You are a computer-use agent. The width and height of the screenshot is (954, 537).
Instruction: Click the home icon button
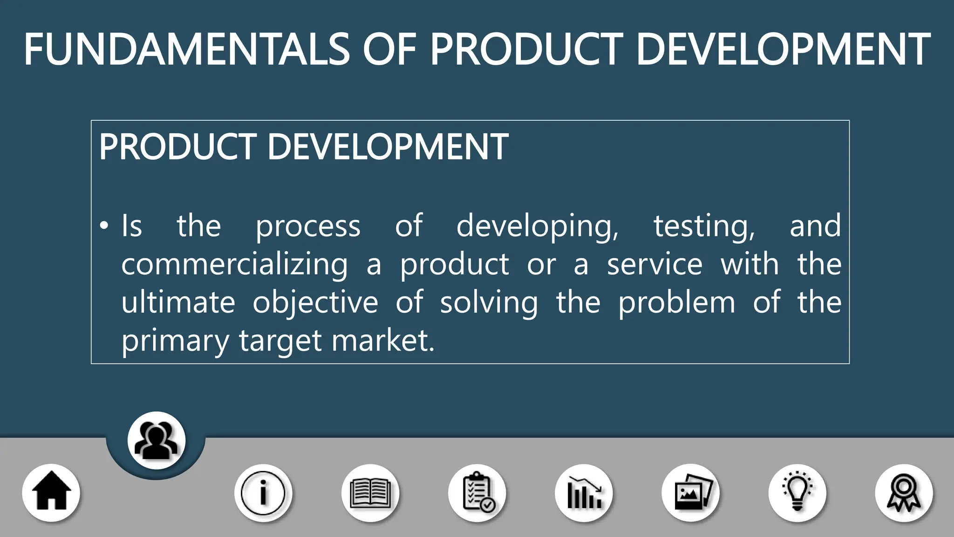pos(51,493)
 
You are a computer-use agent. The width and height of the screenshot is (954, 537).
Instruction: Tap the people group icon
pos(157,440)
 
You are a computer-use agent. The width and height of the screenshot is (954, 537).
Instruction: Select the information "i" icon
pos(263,493)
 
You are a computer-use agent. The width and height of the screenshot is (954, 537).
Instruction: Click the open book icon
pos(370,493)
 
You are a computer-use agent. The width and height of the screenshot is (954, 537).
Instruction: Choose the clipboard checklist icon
pos(477,493)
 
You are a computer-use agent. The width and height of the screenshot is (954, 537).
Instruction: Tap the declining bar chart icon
pos(584,493)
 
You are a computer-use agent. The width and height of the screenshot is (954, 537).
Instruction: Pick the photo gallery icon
pos(691,493)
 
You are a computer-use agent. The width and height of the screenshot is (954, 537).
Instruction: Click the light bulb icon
pos(797,493)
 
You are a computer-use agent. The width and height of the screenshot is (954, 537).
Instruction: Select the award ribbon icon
pos(904,493)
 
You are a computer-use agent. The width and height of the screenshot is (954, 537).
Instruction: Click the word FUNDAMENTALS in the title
pos(186,49)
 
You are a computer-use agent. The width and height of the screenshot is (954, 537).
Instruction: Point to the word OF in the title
pos(389,49)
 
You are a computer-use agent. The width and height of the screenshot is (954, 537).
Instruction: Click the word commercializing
pos(234,265)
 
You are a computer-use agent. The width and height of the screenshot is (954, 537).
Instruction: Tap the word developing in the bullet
pos(537,227)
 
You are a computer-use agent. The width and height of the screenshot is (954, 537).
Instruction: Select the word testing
pos(704,227)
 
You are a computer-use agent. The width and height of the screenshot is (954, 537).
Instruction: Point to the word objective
pos(315,303)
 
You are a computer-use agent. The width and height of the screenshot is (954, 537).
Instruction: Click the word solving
pos(489,303)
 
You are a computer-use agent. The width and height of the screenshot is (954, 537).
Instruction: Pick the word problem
pos(677,303)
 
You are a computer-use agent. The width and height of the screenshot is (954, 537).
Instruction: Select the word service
pos(654,265)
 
